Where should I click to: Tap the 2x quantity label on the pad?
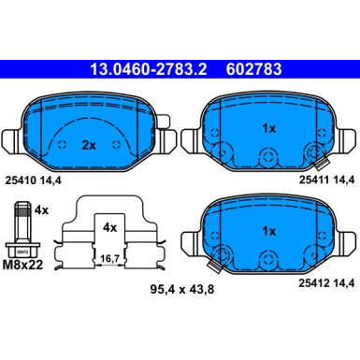88,145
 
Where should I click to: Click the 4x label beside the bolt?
40,211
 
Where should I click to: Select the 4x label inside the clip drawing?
110,225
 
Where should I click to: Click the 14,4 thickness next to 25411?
340,180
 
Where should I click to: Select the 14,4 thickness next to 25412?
340,284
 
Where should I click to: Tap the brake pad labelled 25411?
266,136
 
